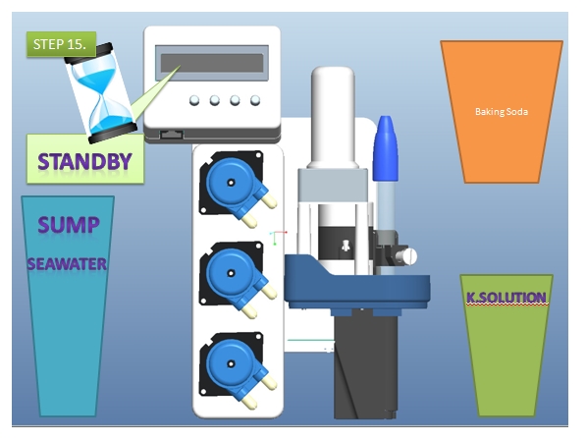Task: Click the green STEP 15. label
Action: point(61,44)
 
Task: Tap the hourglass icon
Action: point(100,93)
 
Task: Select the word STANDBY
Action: point(85,161)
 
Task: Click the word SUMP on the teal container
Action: point(69,224)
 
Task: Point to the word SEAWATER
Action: point(67,264)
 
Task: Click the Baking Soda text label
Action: point(502,111)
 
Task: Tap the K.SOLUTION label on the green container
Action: point(507,297)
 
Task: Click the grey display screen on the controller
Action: point(212,63)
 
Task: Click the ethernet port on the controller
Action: point(172,135)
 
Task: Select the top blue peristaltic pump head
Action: point(233,186)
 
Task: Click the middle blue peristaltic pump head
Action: point(233,276)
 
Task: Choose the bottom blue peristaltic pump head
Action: point(233,367)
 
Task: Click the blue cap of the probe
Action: point(385,148)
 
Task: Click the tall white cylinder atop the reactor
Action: point(333,117)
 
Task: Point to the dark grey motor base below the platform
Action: point(365,367)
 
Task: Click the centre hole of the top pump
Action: point(231,183)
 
